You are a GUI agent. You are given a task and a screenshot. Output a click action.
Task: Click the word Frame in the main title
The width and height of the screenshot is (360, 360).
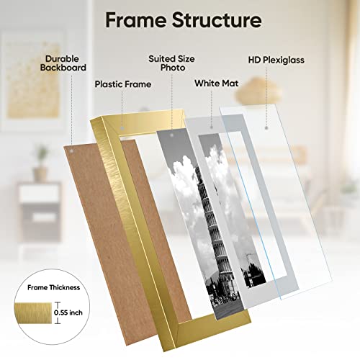coord(136,20)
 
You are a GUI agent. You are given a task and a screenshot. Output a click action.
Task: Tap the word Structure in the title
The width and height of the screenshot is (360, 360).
coord(217,20)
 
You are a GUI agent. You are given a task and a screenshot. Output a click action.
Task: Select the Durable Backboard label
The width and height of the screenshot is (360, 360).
coord(63,63)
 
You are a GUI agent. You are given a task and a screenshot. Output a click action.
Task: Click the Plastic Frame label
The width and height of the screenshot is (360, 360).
coord(123,84)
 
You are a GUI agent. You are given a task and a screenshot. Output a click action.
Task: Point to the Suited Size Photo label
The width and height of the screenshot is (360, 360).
coord(172,63)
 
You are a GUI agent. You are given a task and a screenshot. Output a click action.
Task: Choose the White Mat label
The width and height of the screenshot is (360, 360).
coord(217,84)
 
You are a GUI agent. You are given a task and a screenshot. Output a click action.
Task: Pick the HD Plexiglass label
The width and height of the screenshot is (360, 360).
coord(276,60)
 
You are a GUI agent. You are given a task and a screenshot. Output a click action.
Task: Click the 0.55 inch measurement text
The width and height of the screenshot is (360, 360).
coord(68,312)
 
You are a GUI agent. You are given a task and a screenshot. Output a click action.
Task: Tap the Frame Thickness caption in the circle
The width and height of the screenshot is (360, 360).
coord(53,287)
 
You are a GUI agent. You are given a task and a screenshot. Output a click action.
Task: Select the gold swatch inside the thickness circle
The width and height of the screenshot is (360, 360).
coord(33,313)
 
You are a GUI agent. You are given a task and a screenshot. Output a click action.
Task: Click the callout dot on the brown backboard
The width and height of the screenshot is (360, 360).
coord(71,151)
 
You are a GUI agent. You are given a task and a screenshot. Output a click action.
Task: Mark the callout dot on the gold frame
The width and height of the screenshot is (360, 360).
coord(122,128)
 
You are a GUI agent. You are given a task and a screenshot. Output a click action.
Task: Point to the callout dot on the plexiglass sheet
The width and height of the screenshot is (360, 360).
coord(266,128)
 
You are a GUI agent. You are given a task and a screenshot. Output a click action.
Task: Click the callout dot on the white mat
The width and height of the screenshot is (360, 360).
coord(212,127)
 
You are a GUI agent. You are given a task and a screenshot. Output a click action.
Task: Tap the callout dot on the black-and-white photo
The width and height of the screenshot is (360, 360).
coord(171,135)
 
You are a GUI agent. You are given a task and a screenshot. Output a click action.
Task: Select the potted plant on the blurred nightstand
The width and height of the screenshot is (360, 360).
coord(41,163)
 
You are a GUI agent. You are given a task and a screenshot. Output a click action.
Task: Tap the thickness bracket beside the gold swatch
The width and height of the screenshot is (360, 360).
coord(58,313)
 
